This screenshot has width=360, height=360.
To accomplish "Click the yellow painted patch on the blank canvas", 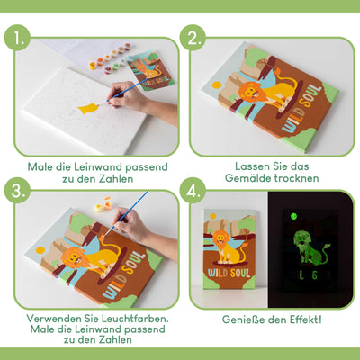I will tap(88, 109).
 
